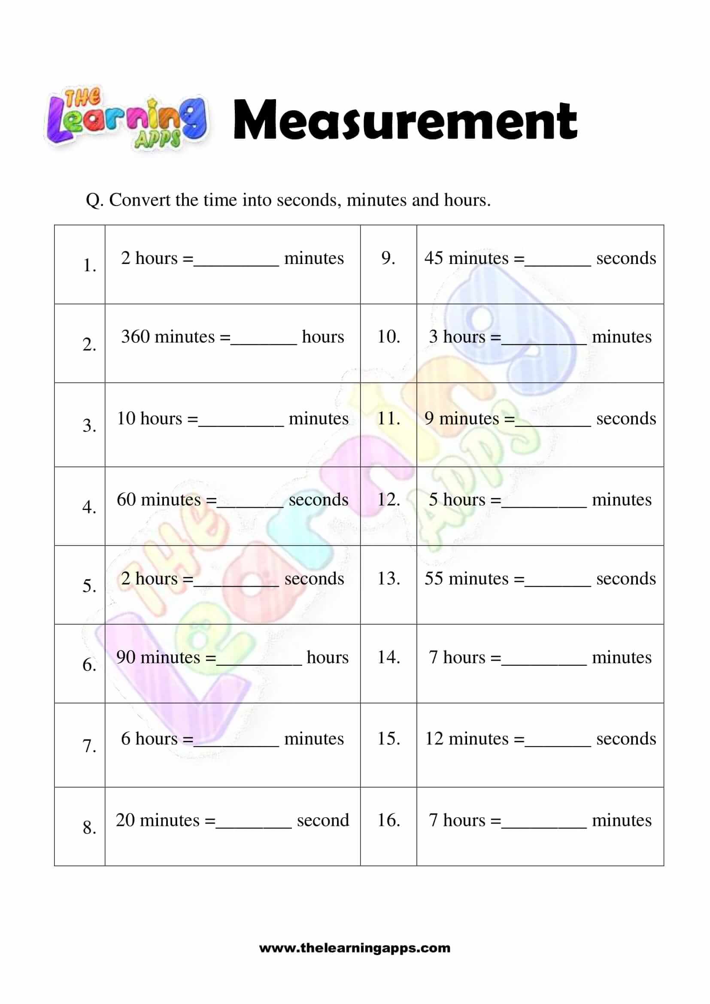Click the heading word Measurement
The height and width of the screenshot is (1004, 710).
[405, 120]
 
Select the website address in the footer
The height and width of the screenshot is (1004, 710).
[355, 948]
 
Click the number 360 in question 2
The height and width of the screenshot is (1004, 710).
[135, 337]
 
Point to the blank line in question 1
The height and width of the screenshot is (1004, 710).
[236, 264]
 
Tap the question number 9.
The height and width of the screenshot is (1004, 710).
[388, 258]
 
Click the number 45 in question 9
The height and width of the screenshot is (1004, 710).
[434, 258]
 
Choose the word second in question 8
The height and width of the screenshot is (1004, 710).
[323, 820]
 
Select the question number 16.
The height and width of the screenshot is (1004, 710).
[388, 820]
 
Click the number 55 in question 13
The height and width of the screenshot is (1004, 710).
[434, 579]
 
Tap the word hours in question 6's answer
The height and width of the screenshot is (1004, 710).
[328, 657]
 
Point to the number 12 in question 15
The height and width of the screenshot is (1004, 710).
[434, 739]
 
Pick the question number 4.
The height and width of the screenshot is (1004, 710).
[89, 507]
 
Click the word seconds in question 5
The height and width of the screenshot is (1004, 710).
[314, 579]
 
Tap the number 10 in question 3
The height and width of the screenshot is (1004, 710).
[126, 419]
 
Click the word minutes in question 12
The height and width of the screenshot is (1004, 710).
[621, 499]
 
